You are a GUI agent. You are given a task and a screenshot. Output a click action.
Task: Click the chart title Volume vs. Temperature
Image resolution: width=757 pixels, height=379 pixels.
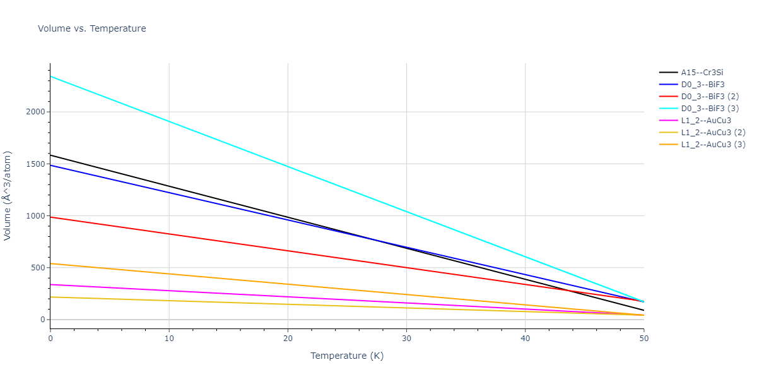92,28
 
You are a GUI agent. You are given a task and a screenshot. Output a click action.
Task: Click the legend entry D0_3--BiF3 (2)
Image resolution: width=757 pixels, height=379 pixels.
709,97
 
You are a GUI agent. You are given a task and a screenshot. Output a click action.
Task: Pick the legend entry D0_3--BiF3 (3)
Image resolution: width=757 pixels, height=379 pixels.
709,109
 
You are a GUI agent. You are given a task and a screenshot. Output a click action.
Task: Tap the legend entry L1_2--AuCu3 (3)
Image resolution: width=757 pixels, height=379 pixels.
712,145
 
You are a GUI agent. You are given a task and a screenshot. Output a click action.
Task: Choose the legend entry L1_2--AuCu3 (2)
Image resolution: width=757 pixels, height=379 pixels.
712,133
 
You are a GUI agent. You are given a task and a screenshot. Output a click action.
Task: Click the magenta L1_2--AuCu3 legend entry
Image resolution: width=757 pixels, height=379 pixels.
706,121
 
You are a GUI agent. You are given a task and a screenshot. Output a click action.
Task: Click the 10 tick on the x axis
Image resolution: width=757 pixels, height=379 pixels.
169,339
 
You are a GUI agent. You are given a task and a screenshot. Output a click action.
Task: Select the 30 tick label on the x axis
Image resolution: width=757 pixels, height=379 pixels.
406,339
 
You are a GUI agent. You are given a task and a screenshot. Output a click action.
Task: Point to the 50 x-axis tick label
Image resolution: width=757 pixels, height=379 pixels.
643,339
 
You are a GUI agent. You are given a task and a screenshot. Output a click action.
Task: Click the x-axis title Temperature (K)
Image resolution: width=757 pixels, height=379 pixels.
347,356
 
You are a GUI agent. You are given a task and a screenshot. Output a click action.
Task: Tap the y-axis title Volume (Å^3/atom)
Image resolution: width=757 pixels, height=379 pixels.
8,196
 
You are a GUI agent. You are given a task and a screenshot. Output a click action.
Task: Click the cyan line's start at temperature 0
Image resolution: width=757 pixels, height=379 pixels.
50,76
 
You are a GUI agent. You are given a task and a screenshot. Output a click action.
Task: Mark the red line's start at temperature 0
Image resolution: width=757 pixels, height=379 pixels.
50,217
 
